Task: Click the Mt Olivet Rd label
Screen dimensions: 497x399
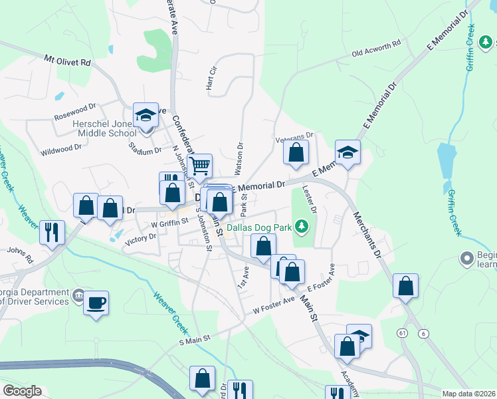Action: click(x=67, y=61)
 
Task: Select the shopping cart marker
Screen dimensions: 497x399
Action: click(x=199, y=166)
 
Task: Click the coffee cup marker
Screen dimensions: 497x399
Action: click(x=96, y=303)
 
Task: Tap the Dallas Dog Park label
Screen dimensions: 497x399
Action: click(x=260, y=227)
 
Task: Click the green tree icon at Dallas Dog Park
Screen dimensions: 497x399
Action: click(x=302, y=227)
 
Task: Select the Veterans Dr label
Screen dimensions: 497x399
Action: click(x=294, y=136)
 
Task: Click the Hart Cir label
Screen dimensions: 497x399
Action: click(x=212, y=78)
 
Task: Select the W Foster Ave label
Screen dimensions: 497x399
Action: click(x=274, y=305)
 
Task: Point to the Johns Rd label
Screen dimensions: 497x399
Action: click(x=19, y=251)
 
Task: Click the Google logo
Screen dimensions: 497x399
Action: click(x=22, y=391)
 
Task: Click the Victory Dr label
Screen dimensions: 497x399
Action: click(x=140, y=237)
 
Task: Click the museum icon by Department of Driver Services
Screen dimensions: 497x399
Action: click(x=78, y=295)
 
